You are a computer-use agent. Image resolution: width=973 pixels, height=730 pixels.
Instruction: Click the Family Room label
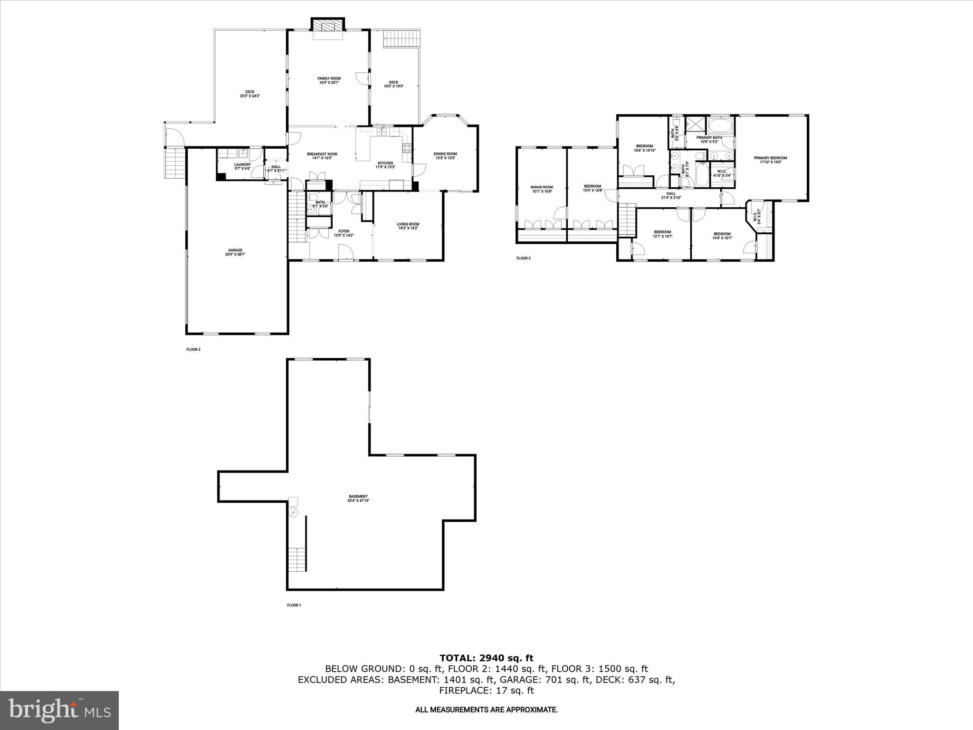click(329, 80)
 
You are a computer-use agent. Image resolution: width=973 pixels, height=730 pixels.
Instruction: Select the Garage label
click(235, 252)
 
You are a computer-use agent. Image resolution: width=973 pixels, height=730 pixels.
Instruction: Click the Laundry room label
click(242, 166)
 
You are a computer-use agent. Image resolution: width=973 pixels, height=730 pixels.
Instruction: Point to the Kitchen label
click(385, 165)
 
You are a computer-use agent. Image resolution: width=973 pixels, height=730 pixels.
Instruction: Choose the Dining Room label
click(445, 155)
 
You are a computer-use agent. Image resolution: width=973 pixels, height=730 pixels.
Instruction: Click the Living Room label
click(408, 226)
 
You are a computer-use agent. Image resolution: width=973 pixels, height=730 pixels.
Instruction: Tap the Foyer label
click(343, 233)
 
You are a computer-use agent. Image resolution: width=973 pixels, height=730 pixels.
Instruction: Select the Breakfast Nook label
click(322, 156)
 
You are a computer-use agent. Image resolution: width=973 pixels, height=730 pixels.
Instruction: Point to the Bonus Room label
click(542, 189)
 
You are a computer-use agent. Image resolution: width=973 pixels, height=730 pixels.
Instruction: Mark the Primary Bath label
click(709, 139)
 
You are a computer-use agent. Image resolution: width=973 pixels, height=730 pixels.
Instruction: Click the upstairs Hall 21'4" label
click(671, 195)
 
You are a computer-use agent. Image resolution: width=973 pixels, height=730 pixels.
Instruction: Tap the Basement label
click(358, 499)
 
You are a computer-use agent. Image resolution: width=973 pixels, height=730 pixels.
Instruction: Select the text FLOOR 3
click(523, 259)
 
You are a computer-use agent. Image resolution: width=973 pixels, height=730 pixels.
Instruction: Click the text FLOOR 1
click(294, 605)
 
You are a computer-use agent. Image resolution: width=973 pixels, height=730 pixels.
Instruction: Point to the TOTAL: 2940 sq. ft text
click(486, 658)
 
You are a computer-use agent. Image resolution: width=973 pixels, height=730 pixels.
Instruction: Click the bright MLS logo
click(59, 710)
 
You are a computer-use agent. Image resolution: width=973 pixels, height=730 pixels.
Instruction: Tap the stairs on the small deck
click(402, 38)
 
